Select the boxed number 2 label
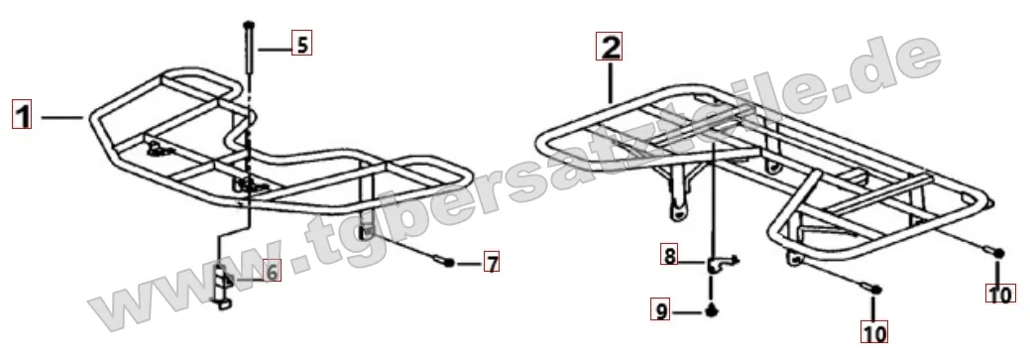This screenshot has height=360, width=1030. (x=609, y=47)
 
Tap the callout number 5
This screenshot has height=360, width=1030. (x=301, y=45)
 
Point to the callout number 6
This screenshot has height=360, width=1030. (x=271, y=270)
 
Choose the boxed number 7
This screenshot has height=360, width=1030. (x=491, y=263)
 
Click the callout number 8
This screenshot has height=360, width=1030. (x=669, y=255)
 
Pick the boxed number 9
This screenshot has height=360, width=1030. (x=661, y=309)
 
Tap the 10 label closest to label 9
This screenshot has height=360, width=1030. (x=874, y=332)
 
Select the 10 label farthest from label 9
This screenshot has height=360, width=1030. (x=1000, y=293)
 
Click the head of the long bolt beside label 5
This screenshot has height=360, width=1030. (x=248, y=25)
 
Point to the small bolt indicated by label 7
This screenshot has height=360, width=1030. (x=442, y=262)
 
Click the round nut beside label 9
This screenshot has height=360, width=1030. (x=711, y=310)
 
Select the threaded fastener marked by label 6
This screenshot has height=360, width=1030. (x=220, y=283)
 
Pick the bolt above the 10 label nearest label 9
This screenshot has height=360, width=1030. (x=872, y=287)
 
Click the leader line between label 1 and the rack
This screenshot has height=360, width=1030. (x=63, y=118)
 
